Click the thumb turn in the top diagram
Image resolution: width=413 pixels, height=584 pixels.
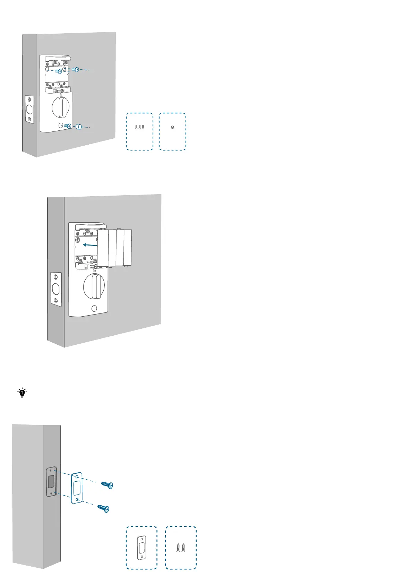point(61,107)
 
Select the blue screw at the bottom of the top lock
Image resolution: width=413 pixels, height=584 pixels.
point(68,126)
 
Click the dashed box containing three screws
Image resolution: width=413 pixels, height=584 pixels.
point(139,131)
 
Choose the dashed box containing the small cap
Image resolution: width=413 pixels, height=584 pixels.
point(172,131)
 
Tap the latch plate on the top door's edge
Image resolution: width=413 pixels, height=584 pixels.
point(29,109)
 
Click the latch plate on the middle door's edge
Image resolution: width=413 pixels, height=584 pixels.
point(56,288)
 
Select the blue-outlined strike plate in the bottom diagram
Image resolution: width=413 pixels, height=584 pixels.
point(77,488)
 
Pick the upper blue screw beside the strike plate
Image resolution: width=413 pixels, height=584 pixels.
point(107,485)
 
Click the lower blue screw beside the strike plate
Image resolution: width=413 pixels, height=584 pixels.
point(103,508)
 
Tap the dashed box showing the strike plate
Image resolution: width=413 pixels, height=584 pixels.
point(141,548)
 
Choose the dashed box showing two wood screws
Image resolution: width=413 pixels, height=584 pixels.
point(181,548)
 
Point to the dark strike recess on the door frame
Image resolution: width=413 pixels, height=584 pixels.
point(51,481)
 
